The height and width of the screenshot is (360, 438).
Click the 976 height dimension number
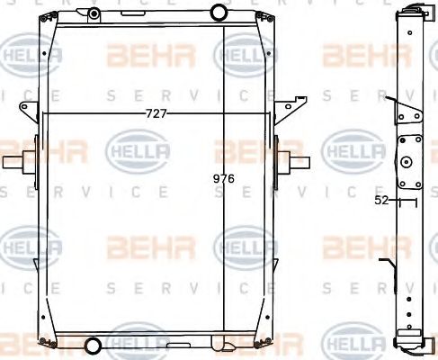click(223, 178)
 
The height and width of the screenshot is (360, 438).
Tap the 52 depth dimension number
click(381, 201)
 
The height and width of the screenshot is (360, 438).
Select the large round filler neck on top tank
click(219, 12)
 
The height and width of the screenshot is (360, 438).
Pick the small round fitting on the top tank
click(94, 13)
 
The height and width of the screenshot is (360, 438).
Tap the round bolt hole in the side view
click(406, 163)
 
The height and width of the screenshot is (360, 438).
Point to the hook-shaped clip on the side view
click(388, 269)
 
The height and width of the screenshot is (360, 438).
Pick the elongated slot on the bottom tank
click(219, 345)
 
